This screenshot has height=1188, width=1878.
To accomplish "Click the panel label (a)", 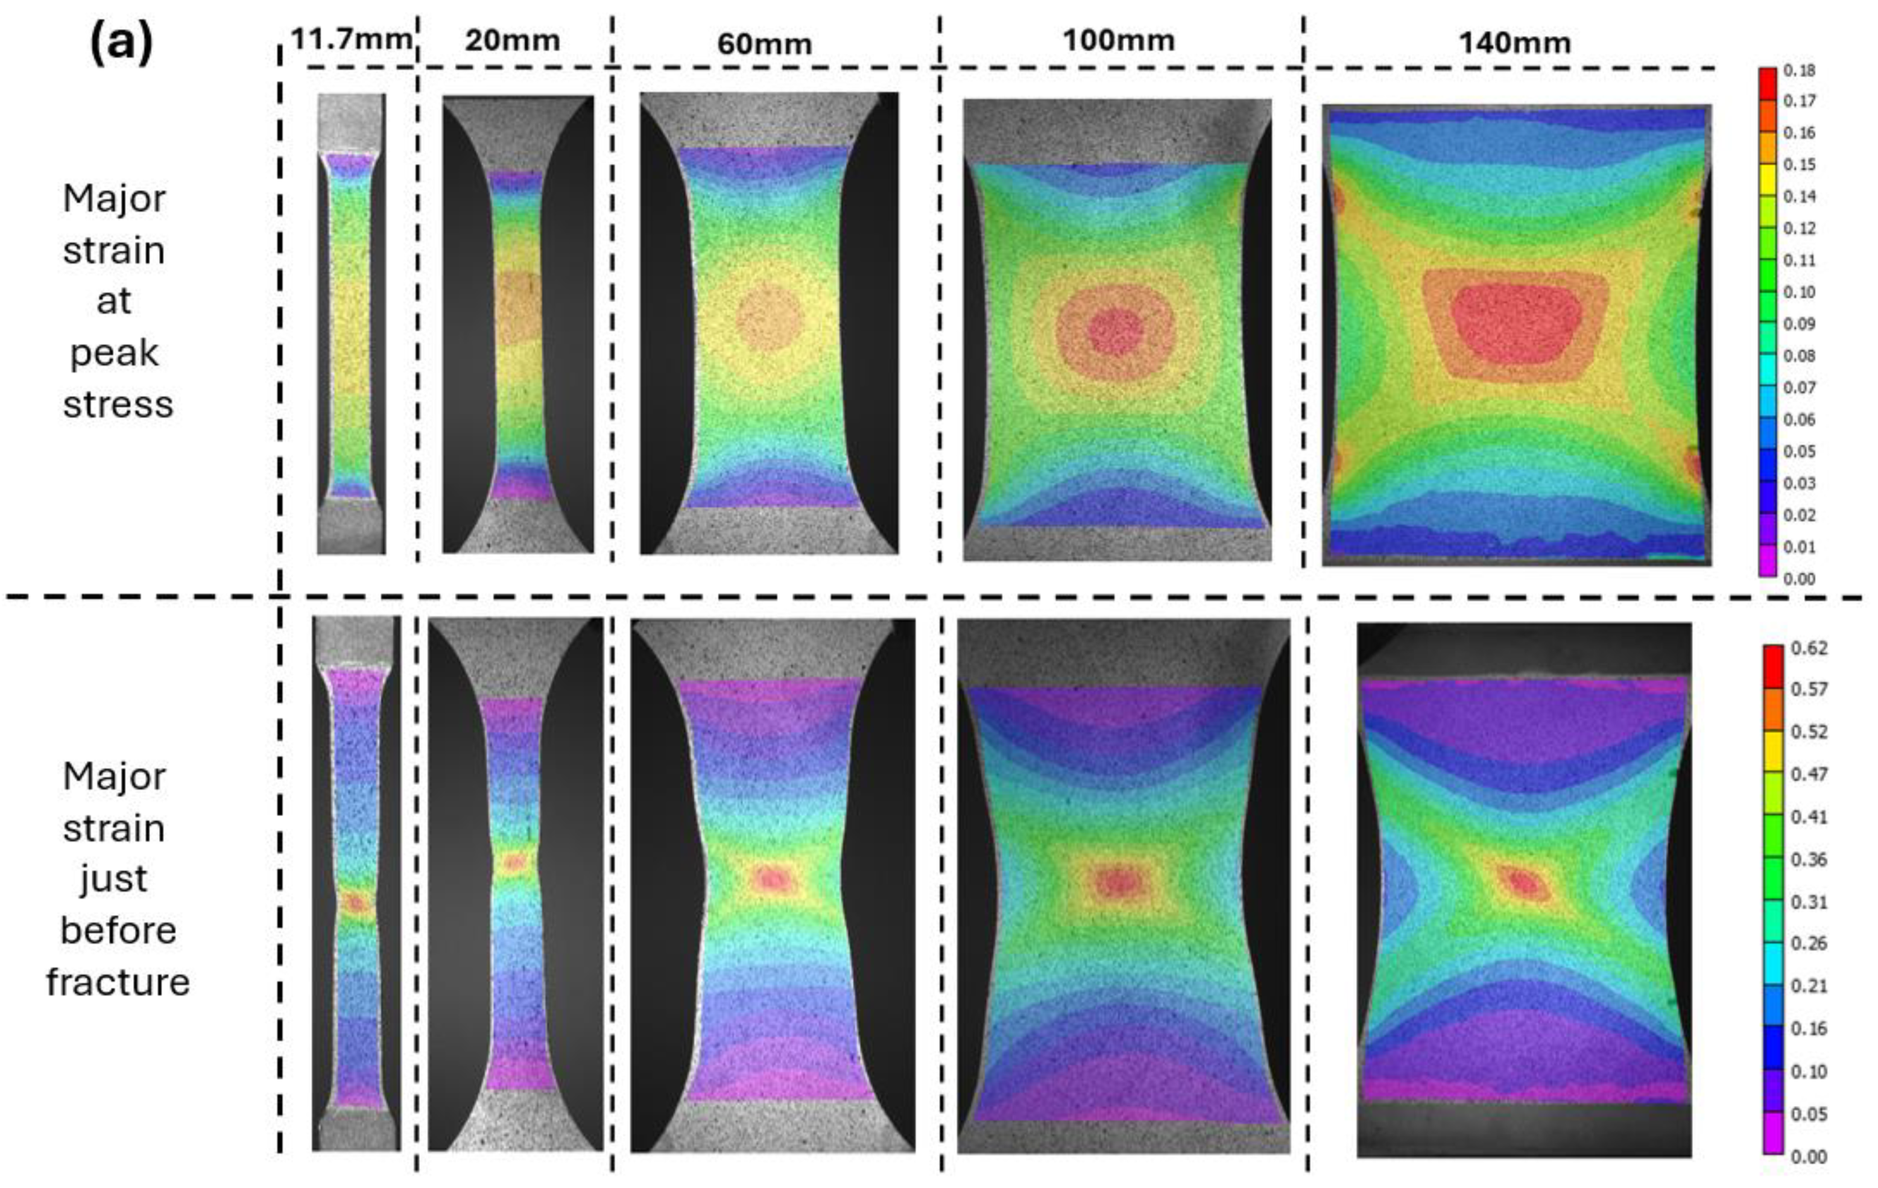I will point(121,43).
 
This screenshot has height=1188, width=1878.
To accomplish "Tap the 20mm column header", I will point(513,40).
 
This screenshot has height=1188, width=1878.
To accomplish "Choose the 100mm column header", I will point(1118,40).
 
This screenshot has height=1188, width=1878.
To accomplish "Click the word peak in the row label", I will point(114,353).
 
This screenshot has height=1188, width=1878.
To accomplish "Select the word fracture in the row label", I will point(118,981).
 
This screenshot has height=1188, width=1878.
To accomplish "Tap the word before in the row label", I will point(118,930).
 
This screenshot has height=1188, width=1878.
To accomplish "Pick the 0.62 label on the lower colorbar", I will point(1809,648).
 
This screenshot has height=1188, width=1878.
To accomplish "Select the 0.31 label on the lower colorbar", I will point(1809,902).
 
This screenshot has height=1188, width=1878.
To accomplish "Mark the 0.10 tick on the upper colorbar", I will point(1799,292).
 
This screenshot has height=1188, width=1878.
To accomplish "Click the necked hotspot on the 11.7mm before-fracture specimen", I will point(356,903).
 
